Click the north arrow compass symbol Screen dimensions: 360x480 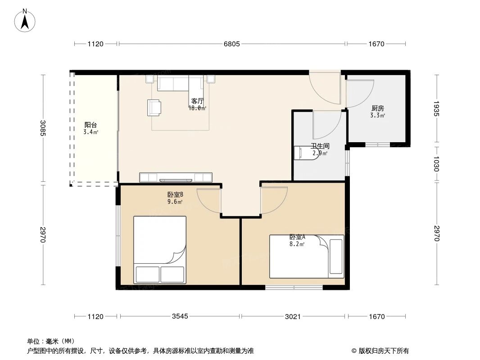[26, 20]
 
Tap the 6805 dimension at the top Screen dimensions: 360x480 [232, 44]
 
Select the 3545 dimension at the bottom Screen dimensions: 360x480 [180, 316]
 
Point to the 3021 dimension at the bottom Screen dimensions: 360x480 [293, 316]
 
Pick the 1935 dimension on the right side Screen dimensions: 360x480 [436, 108]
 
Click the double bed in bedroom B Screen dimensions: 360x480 [160, 250]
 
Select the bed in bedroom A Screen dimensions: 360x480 [306, 256]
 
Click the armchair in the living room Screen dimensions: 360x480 [154, 107]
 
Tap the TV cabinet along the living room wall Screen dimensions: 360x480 [176, 177]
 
